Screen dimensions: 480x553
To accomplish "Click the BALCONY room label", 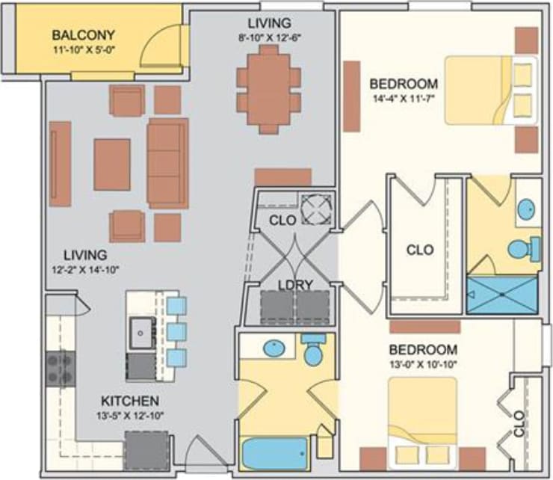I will click(x=82, y=34).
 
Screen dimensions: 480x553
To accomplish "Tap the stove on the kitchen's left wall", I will click(x=61, y=368).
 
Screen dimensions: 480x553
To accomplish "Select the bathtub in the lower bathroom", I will click(x=275, y=452).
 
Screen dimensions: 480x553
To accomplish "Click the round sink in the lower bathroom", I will click(x=274, y=348).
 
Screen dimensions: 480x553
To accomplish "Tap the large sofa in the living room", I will click(x=167, y=162).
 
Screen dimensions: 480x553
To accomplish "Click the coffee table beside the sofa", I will click(x=112, y=164).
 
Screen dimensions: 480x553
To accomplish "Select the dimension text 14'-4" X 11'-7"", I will click(x=404, y=99).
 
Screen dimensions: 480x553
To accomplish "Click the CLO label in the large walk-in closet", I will click(x=419, y=250).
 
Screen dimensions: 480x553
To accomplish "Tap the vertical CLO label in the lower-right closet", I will click(x=520, y=431).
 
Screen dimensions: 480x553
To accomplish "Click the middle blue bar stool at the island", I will click(x=176, y=331).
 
